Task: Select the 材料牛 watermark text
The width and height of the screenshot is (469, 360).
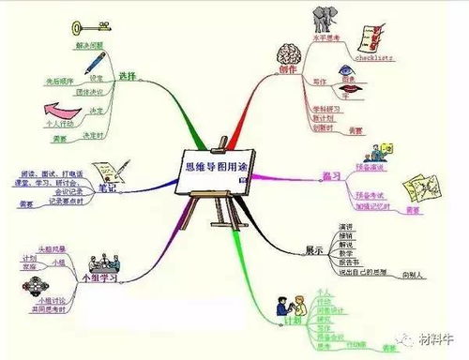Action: [x=436, y=339]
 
